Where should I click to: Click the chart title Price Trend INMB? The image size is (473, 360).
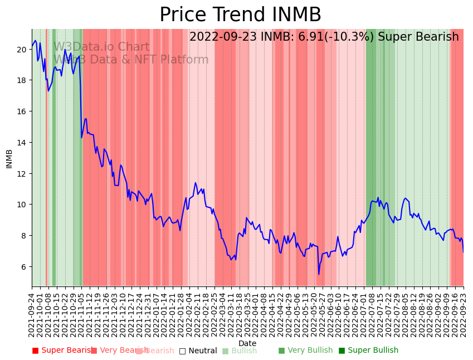[x=240, y=15]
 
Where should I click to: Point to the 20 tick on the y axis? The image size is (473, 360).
[x=22, y=50]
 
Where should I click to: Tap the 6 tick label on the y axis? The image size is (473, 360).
[x=25, y=267]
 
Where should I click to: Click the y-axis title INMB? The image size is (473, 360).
[x=9, y=158]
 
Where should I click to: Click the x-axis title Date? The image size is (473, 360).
[x=247, y=343]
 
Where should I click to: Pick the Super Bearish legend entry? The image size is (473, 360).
[x=62, y=351]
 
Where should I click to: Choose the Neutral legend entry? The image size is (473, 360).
[x=198, y=351]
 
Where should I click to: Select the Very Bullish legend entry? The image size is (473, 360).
[x=305, y=351]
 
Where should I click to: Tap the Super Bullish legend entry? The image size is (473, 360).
[x=368, y=351]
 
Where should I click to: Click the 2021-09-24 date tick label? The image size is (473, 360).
[x=32, y=313]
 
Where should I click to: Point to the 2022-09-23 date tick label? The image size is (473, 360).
[x=463, y=313]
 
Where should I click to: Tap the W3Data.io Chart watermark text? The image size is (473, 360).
[x=101, y=47]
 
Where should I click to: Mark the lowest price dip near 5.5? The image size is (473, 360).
[x=319, y=274]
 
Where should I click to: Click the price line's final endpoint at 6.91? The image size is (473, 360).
[x=463, y=252]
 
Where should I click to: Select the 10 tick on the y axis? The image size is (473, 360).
[x=22, y=205]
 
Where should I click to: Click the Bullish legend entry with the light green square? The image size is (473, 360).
[x=240, y=351]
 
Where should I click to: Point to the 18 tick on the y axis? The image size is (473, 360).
[x=22, y=80]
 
